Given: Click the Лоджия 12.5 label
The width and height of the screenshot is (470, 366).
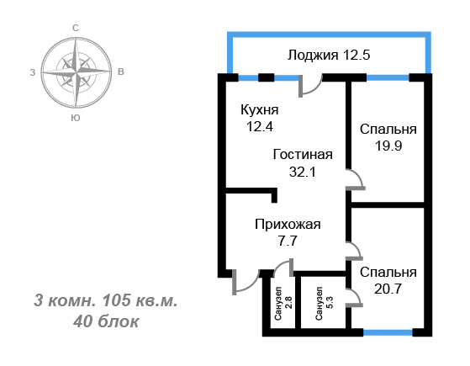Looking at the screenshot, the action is tap(329, 56).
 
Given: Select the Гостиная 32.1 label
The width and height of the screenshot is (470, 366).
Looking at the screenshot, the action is tap(303, 163).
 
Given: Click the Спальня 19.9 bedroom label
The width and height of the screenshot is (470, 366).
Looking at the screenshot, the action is tap(388, 137).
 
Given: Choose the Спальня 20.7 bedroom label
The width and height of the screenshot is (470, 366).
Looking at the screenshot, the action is tap(388, 280).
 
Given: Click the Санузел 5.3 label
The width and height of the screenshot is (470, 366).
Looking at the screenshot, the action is tap(324, 303).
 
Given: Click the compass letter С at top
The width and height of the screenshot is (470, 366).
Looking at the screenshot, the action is tap(76, 28).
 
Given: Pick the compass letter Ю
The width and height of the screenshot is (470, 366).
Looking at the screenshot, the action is tap(76, 118).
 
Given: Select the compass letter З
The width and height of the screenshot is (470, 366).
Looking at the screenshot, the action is tap(33, 72).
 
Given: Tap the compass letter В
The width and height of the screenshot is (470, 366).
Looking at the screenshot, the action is tap(121, 72).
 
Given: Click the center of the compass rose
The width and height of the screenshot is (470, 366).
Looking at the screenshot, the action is tap(77, 72).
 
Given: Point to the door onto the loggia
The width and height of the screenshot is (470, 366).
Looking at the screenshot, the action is tap(310, 86).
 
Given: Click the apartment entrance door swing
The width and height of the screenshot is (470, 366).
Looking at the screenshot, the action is tap(246, 282).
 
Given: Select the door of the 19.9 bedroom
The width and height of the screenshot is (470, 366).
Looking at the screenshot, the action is tap(356, 179).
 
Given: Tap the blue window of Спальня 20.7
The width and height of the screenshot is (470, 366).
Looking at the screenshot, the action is tap(388, 332).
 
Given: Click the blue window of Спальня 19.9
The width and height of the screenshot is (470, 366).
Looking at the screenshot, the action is tap(388, 78).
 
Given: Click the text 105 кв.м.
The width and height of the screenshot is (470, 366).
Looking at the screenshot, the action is tap(140, 300).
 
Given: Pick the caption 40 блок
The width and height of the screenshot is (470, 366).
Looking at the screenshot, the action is tap(106, 321).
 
